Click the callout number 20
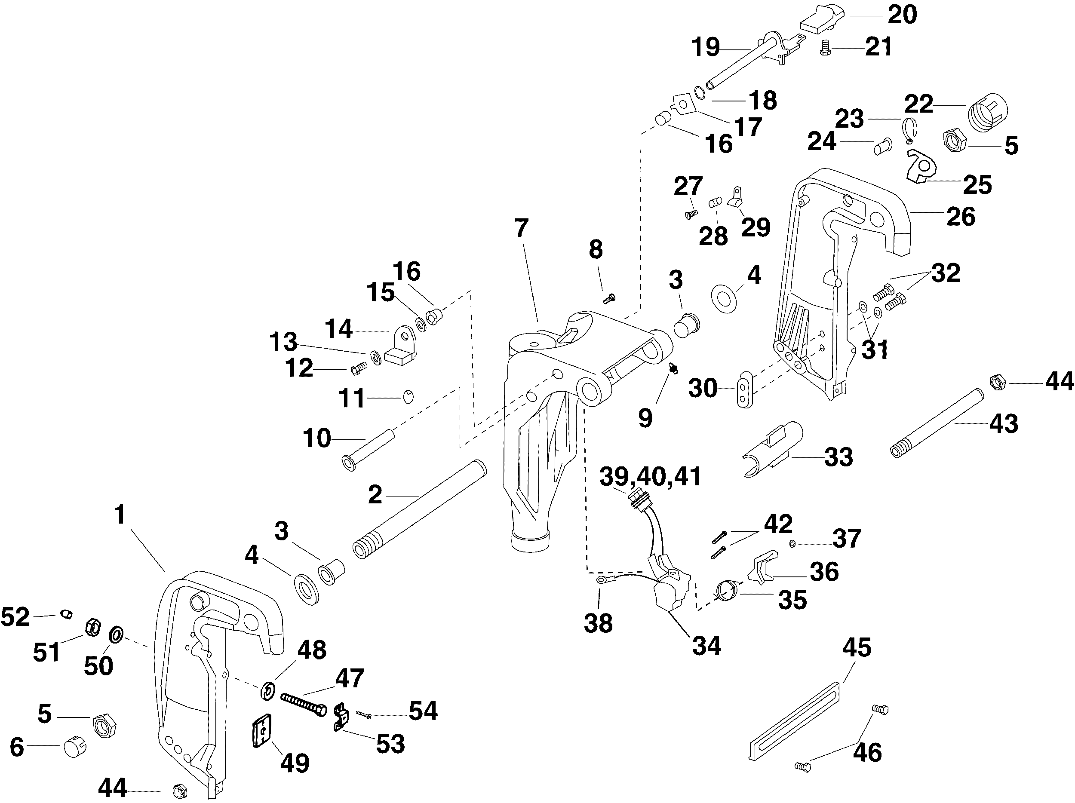(x=902, y=15)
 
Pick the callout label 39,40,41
(x=650, y=477)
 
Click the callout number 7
(x=521, y=228)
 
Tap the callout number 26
(x=961, y=216)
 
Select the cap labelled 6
(x=75, y=747)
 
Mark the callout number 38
(x=598, y=623)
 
